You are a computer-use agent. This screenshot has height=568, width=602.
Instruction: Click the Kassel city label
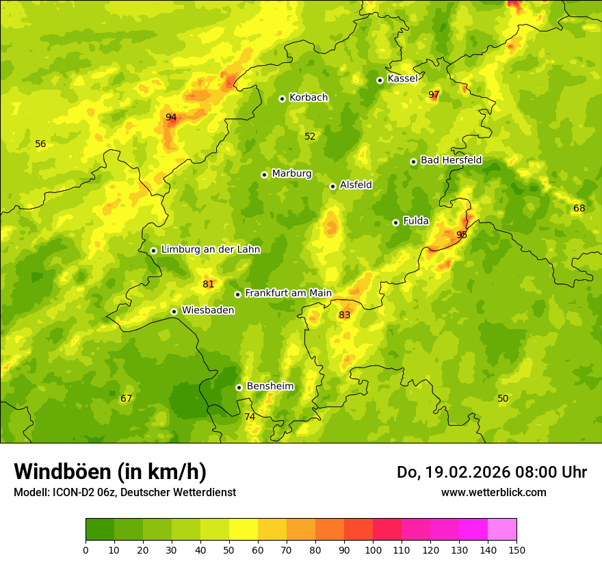tap(402, 79)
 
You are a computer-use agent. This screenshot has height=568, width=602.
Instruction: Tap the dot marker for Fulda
tap(395, 222)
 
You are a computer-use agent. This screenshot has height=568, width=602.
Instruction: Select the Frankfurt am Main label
tap(288, 293)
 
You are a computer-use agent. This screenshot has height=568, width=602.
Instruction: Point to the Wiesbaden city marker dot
tap(174, 311)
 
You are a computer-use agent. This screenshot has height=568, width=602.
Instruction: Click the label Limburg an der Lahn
tap(211, 249)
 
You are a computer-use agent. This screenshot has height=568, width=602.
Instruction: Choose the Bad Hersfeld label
tap(451, 160)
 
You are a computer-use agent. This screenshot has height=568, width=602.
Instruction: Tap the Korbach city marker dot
tap(282, 99)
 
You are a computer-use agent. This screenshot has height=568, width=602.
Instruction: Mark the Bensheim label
tap(270, 386)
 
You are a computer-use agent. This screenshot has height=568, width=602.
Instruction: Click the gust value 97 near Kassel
tap(434, 94)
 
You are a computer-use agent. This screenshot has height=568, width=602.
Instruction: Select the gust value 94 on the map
tap(171, 117)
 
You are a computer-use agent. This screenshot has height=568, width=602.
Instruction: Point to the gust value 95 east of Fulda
tap(462, 235)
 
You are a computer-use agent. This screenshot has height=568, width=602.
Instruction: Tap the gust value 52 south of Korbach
tap(310, 136)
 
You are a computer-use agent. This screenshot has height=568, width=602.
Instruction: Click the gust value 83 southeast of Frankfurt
tap(344, 315)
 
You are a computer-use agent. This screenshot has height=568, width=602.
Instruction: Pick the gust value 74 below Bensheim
tap(250, 417)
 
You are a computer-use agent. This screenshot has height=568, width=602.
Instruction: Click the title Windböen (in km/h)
tap(110, 472)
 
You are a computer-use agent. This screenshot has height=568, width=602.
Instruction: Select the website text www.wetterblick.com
tap(494, 492)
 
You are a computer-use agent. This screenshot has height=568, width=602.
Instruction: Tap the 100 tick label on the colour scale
tap(373, 550)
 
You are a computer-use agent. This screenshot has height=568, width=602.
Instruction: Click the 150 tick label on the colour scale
tap(516, 550)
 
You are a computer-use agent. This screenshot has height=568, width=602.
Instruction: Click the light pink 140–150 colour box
tap(502, 530)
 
